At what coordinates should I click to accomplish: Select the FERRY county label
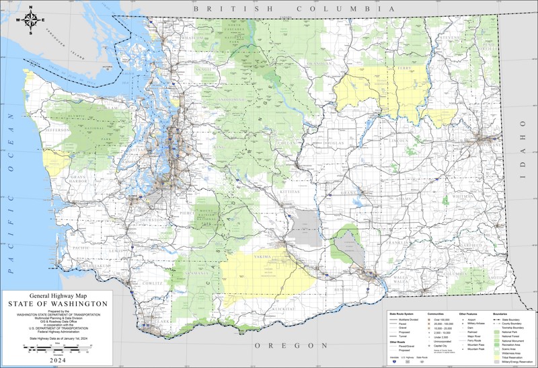[x=404, y=69]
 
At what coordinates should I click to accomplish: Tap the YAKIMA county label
[x=263, y=256]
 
